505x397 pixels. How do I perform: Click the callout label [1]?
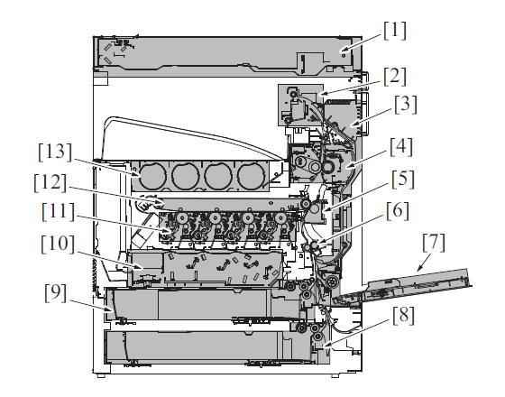[x=395, y=31]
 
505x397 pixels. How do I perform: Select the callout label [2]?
[x=395, y=77]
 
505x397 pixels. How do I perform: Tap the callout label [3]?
[x=406, y=105]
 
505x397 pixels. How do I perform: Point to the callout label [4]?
[x=401, y=147]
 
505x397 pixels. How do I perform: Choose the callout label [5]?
[x=403, y=180]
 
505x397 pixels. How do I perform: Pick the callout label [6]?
[x=398, y=211]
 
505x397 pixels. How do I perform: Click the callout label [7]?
[x=434, y=243]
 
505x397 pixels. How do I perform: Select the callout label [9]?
[x=55, y=292]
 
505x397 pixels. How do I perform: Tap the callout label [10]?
[x=58, y=244]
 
